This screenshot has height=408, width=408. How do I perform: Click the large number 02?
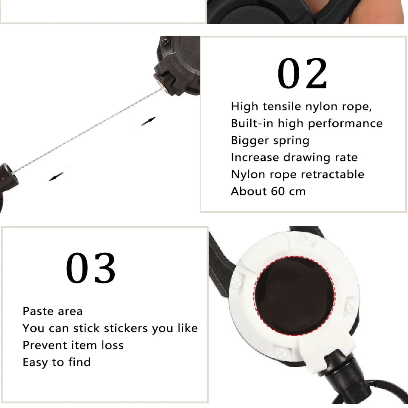(x=302, y=74)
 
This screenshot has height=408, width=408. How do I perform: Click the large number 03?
(x=91, y=268)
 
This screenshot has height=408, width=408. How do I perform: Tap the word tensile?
(x=282, y=106)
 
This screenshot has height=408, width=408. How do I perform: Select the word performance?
(x=345, y=124)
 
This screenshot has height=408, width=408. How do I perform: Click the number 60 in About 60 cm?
(x=278, y=192)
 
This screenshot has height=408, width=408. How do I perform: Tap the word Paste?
(x=38, y=311)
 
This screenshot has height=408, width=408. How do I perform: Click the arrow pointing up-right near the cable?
(x=149, y=121)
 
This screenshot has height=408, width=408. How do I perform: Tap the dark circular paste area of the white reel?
(x=294, y=296)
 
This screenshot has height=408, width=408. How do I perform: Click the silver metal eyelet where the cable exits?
(x=161, y=86)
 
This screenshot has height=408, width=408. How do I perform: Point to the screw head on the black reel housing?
(x=166, y=42)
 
